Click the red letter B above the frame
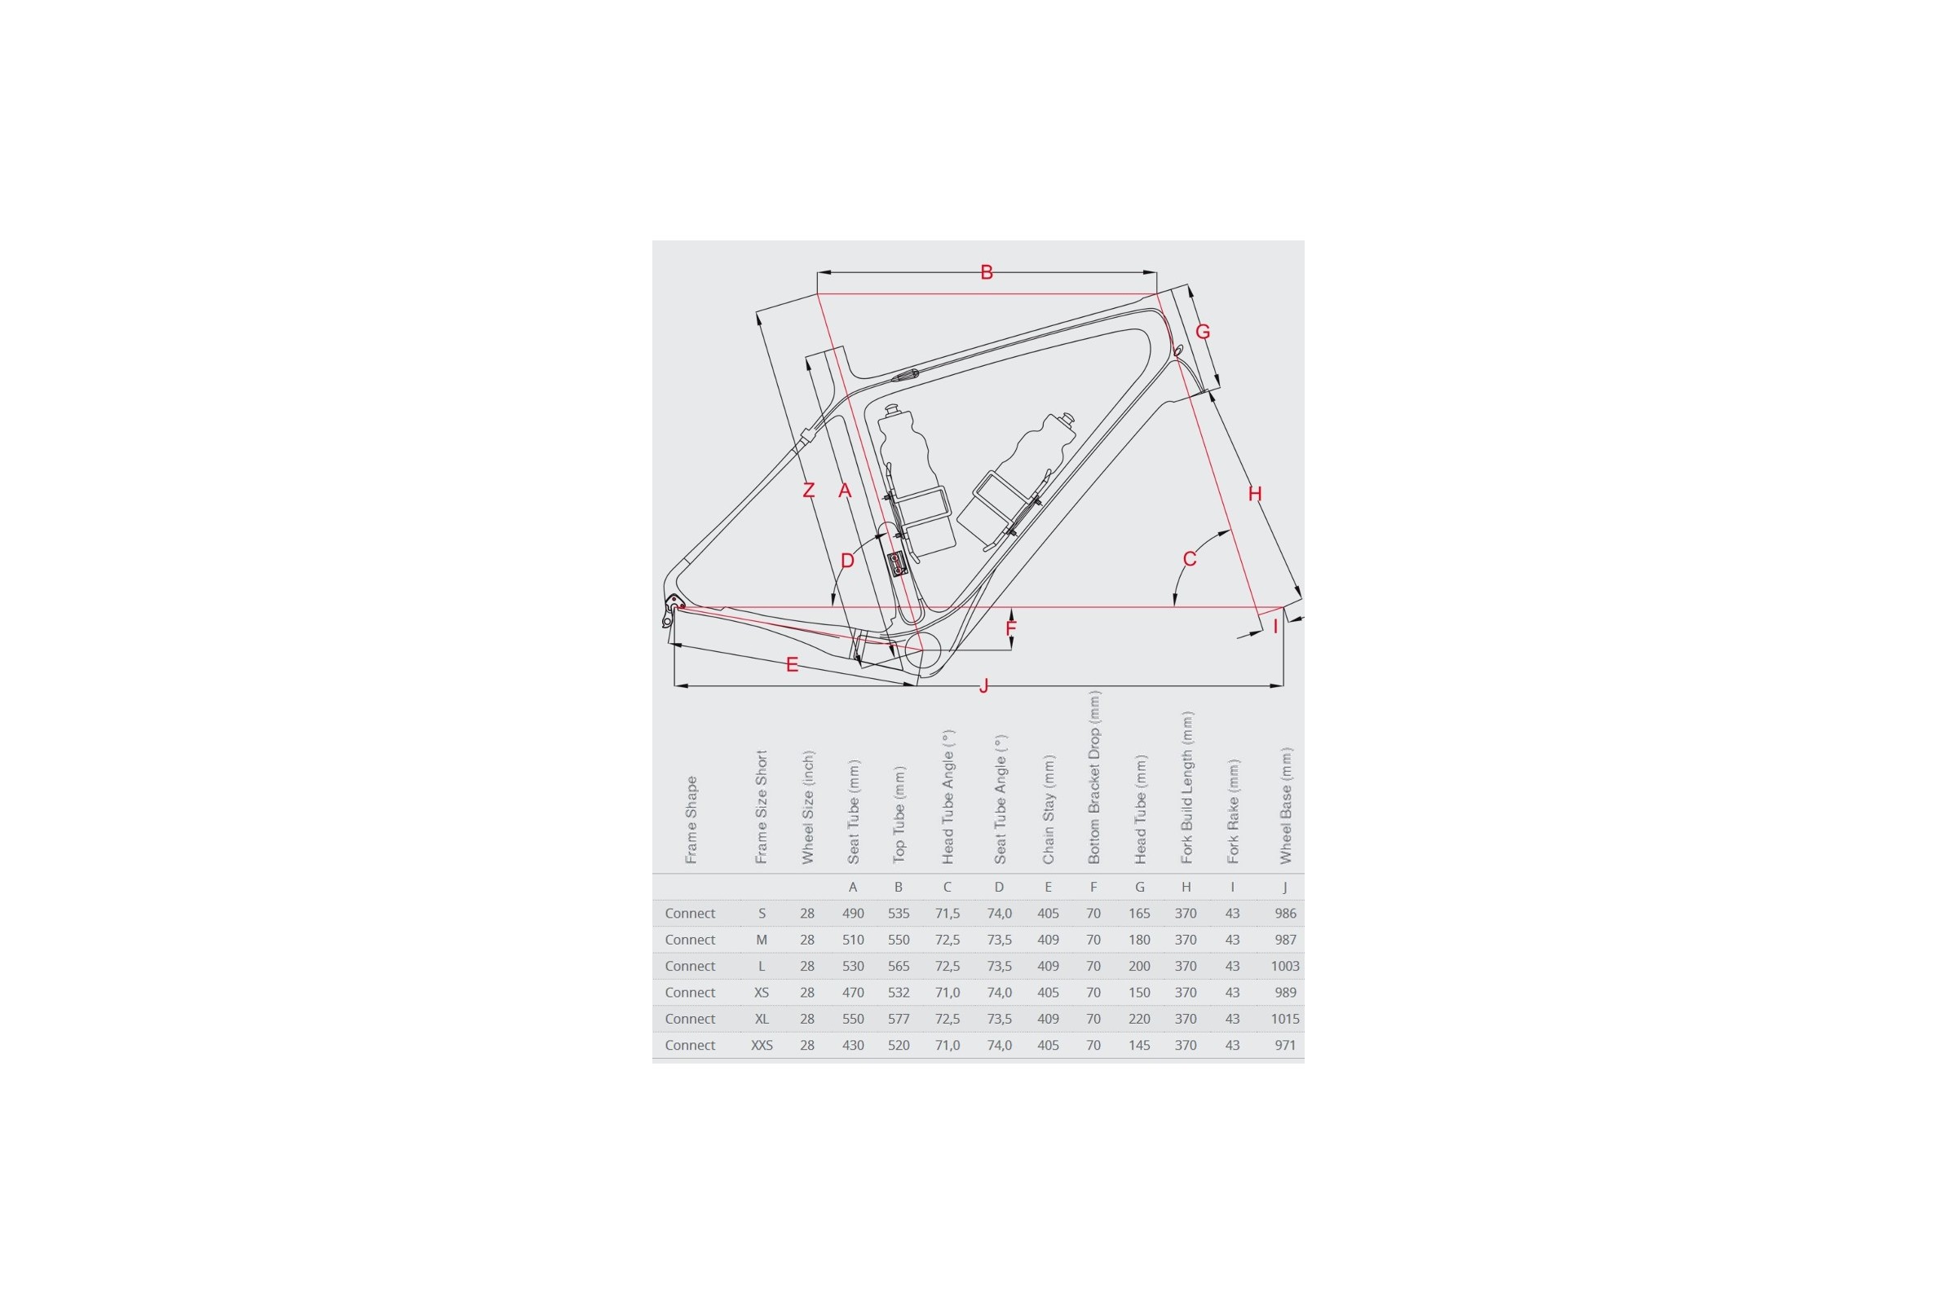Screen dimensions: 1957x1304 pyautogui.click(x=986, y=272)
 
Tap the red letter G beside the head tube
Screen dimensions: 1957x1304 pyautogui.click(x=1202, y=332)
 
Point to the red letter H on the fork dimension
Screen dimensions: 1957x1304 pyautogui.click(x=1255, y=494)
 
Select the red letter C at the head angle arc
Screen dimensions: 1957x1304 pyautogui.click(x=1189, y=559)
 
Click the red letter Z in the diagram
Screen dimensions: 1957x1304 pyautogui.click(x=808, y=491)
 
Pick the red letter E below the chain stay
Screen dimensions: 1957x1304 pyautogui.click(x=792, y=664)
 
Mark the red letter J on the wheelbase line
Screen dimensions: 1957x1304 pyautogui.click(x=983, y=685)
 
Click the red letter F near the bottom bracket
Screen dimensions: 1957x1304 pyautogui.click(x=1011, y=628)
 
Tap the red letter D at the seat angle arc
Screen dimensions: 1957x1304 pyautogui.click(x=847, y=561)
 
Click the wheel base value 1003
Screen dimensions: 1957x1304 pyautogui.click(x=1285, y=966)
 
